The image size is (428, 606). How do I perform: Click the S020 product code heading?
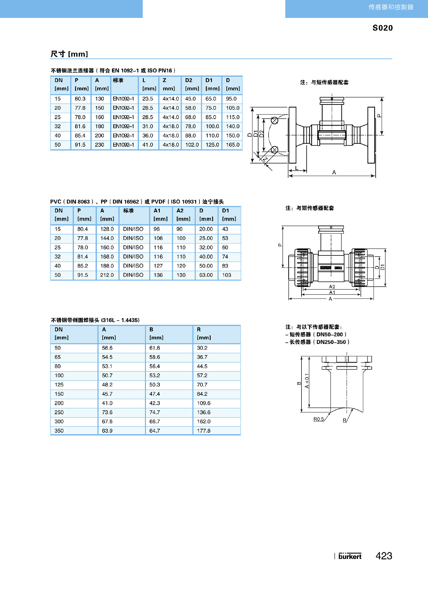(x=382, y=28)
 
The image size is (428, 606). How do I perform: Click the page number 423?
(x=384, y=556)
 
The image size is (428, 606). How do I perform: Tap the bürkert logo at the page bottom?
(x=350, y=556)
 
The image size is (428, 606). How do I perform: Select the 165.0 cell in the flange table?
(x=232, y=145)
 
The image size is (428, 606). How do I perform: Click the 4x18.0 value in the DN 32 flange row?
(x=171, y=126)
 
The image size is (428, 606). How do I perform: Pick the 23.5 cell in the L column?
(x=148, y=99)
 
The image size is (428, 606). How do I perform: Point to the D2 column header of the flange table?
(x=189, y=80)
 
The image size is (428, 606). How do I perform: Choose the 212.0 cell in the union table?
(x=107, y=275)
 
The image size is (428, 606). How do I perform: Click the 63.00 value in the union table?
(x=206, y=275)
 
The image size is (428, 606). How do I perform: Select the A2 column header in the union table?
(x=180, y=211)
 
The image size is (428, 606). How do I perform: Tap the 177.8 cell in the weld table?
(x=203, y=431)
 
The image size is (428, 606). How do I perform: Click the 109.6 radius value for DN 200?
(x=203, y=403)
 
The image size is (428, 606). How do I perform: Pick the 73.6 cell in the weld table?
(x=107, y=412)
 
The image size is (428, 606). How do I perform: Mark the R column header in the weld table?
(x=199, y=329)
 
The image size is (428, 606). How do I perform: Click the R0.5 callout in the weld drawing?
(x=318, y=419)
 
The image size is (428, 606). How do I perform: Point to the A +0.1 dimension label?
(x=307, y=381)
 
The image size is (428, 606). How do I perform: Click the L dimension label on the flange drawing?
(x=297, y=168)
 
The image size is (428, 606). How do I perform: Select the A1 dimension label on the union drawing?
(x=332, y=292)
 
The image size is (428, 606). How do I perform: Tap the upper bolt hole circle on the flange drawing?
(x=275, y=121)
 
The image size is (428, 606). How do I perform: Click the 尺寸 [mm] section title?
(x=69, y=54)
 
